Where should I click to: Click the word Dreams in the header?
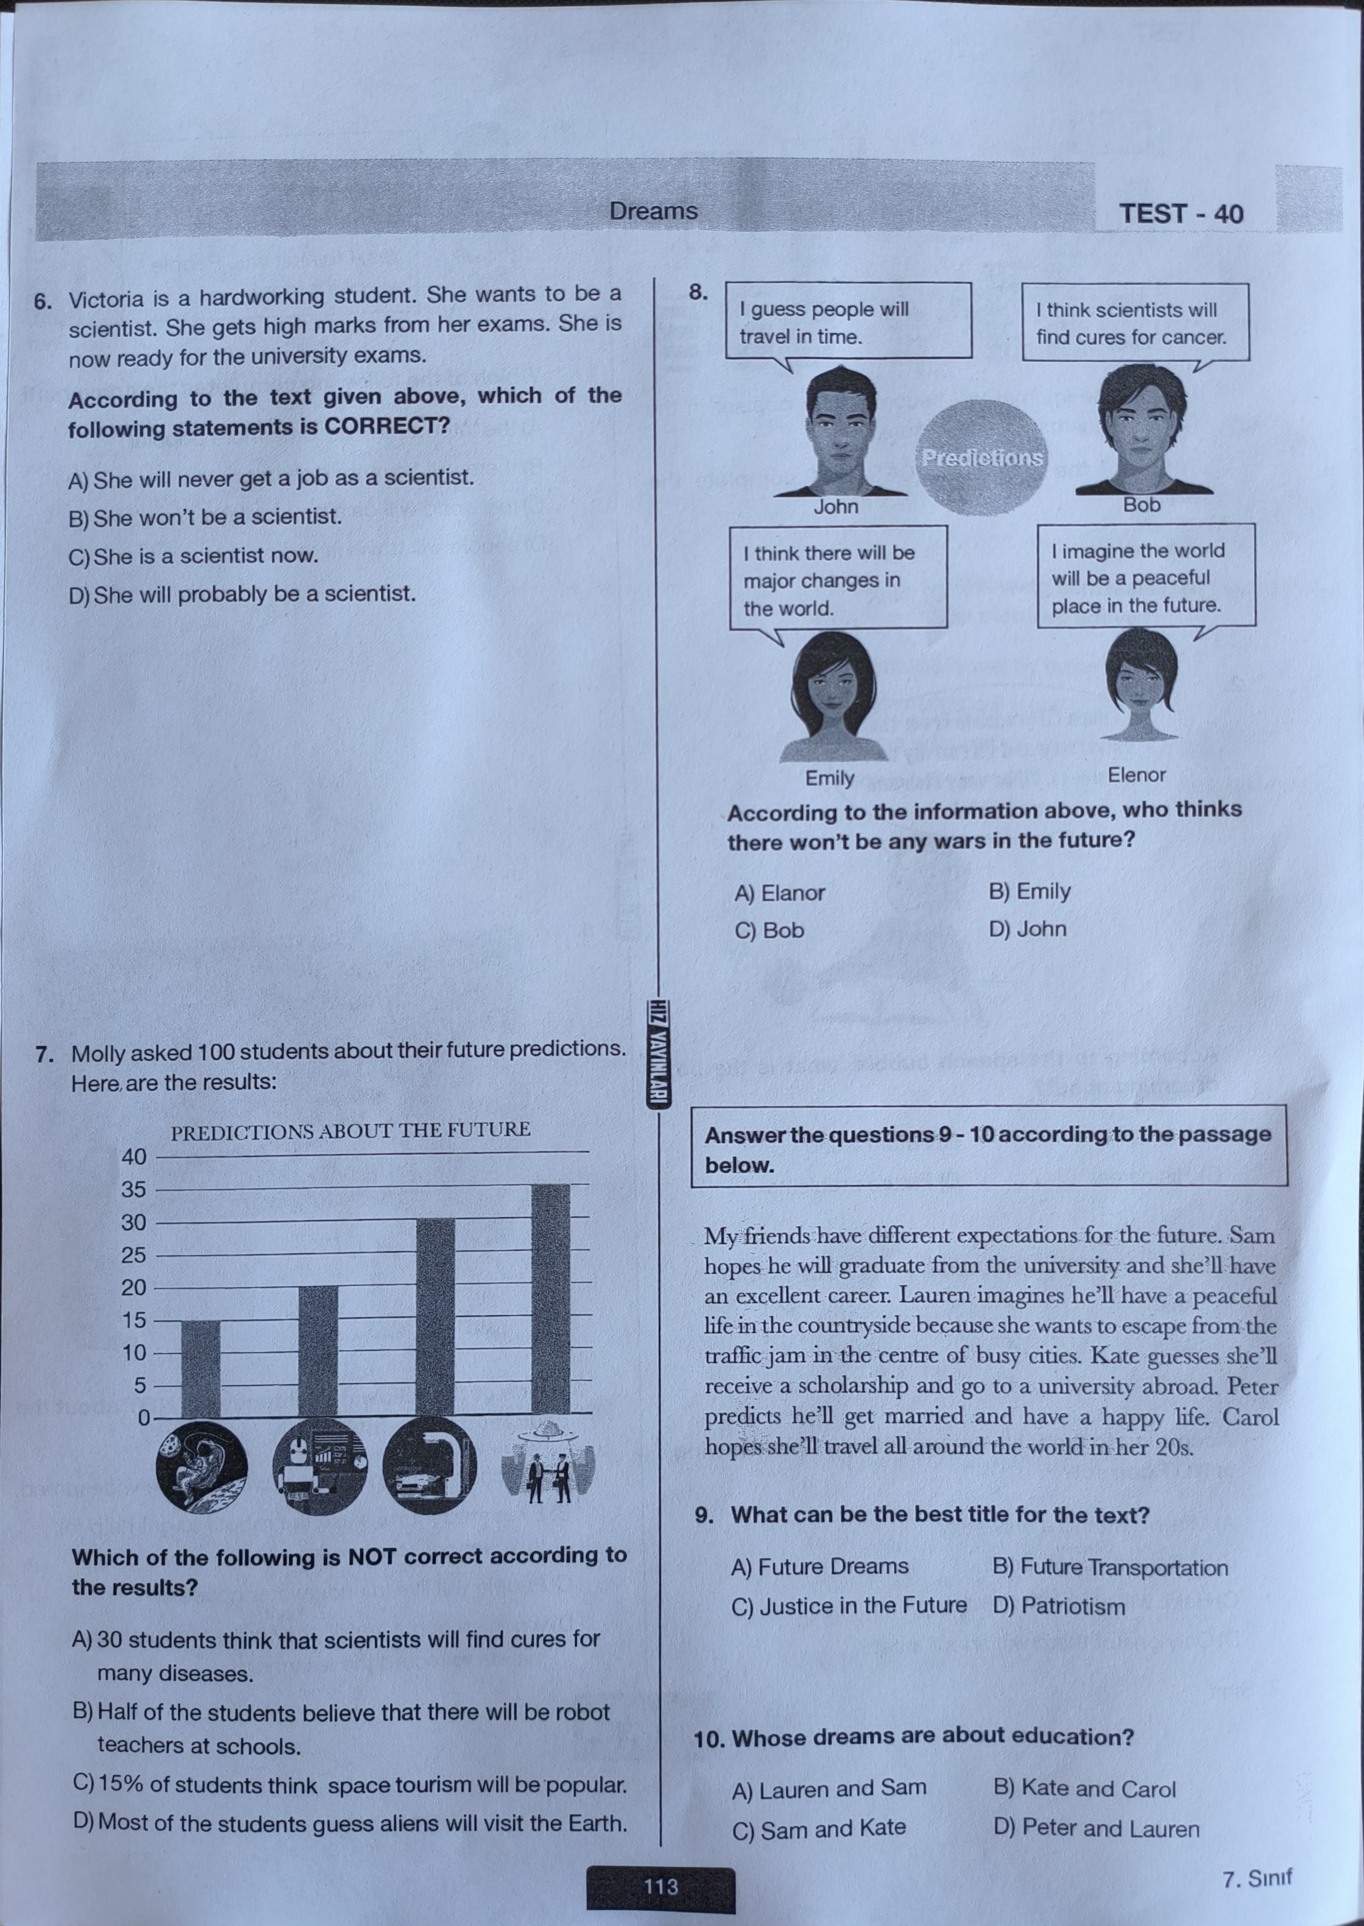(x=654, y=211)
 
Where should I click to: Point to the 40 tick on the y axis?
(x=134, y=1157)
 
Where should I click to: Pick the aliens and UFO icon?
(x=548, y=1465)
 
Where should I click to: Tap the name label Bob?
(x=1141, y=505)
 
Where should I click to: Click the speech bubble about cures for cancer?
(x=1134, y=323)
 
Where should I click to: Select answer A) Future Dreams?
(x=820, y=1567)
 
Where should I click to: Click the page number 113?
(x=660, y=1886)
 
